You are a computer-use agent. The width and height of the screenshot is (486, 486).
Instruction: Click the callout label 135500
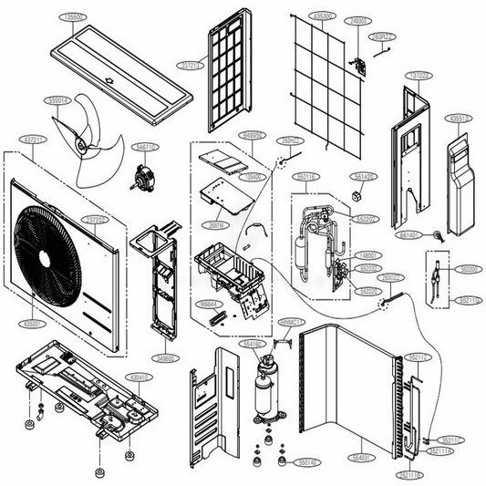click(x=69, y=16)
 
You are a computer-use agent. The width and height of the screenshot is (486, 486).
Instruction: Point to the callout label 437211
click(x=34, y=139)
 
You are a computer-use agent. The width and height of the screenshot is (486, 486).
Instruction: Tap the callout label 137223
click(x=420, y=75)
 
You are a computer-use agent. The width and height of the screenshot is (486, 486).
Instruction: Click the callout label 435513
click(x=459, y=118)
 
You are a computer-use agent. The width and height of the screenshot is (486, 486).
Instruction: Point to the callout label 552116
click(x=306, y=176)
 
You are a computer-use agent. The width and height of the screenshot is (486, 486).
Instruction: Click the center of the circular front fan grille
click(x=48, y=249)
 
